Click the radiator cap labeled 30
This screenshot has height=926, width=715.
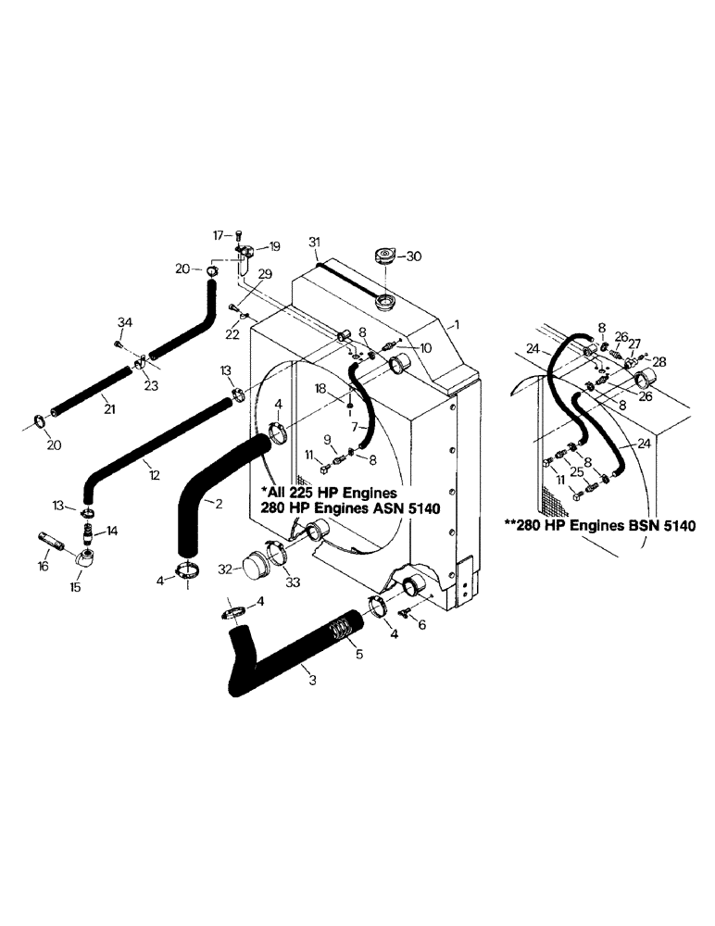click(x=384, y=257)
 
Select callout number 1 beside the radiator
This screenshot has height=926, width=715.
click(x=455, y=326)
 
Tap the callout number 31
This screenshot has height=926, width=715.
click(x=314, y=243)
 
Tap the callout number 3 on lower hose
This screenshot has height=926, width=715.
click(x=311, y=681)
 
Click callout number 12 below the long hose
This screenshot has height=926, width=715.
click(x=154, y=475)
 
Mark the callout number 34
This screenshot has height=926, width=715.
click(x=125, y=321)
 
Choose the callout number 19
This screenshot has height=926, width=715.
click(x=274, y=246)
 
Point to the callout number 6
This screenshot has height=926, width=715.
click(x=424, y=625)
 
